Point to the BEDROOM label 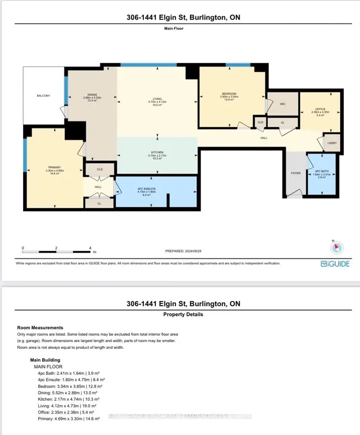[228, 93]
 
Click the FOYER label [295, 173]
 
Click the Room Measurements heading [40, 328]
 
